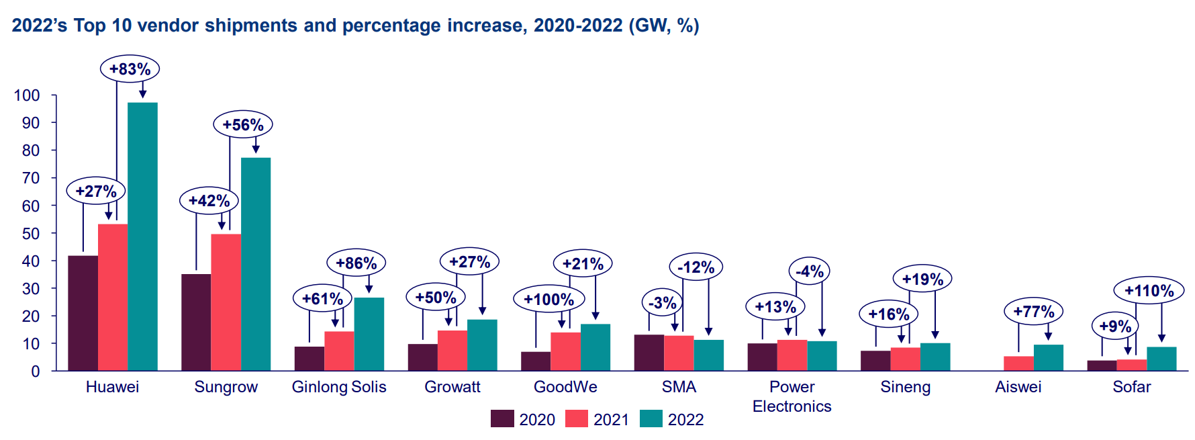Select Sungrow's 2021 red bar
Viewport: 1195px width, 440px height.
pyautogui.click(x=226, y=302)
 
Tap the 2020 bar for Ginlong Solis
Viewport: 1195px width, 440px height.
pyautogui.click(x=309, y=359)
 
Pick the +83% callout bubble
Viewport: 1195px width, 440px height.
pyautogui.click(x=130, y=69)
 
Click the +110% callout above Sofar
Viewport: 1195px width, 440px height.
pyautogui.click(x=1149, y=291)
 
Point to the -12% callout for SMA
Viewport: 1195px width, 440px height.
pyautogui.click(x=696, y=267)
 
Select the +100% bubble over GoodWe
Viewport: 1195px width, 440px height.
pyautogui.click(x=548, y=300)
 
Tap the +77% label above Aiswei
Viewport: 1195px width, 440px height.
pyautogui.click(x=1033, y=312)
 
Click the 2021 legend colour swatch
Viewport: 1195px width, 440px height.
pyautogui.click(x=577, y=419)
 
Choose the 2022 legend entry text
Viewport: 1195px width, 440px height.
pyautogui.click(x=685, y=420)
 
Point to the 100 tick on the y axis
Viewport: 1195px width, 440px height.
pyautogui.click(x=27, y=95)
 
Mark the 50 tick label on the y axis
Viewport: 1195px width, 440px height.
pyautogui.click(x=31, y=234)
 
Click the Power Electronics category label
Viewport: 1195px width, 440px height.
pyautogui.click(x=792, y=396)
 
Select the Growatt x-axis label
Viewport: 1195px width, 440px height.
pyautogui.click(x=452, y=387)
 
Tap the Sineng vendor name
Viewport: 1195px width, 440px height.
pyautogui.click(x=905, y=387)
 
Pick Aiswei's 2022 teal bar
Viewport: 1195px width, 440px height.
pyautogui.click(x=1048, y=358)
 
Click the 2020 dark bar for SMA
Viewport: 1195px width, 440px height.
pyautogui.click(x=649, y=353)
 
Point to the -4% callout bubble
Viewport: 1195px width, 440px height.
pyautogui.click(x=809, y=271)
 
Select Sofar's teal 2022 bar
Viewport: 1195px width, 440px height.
pyautogui.click(x=1161, y=359)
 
